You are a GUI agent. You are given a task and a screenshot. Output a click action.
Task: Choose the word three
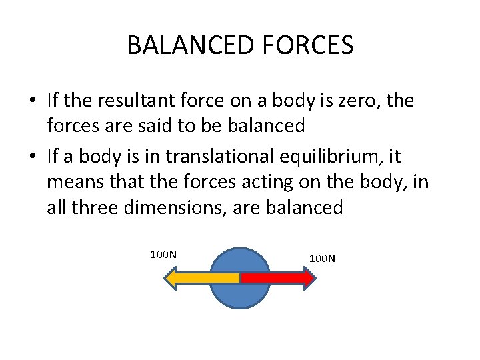[x=100, y=207]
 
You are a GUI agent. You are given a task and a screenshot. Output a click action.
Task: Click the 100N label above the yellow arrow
[x=163, y=254]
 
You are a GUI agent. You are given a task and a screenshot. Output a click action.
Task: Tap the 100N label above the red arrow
[x=322, y=257]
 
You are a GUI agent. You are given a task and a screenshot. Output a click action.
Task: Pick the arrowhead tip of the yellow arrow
[x=166, y=277]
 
